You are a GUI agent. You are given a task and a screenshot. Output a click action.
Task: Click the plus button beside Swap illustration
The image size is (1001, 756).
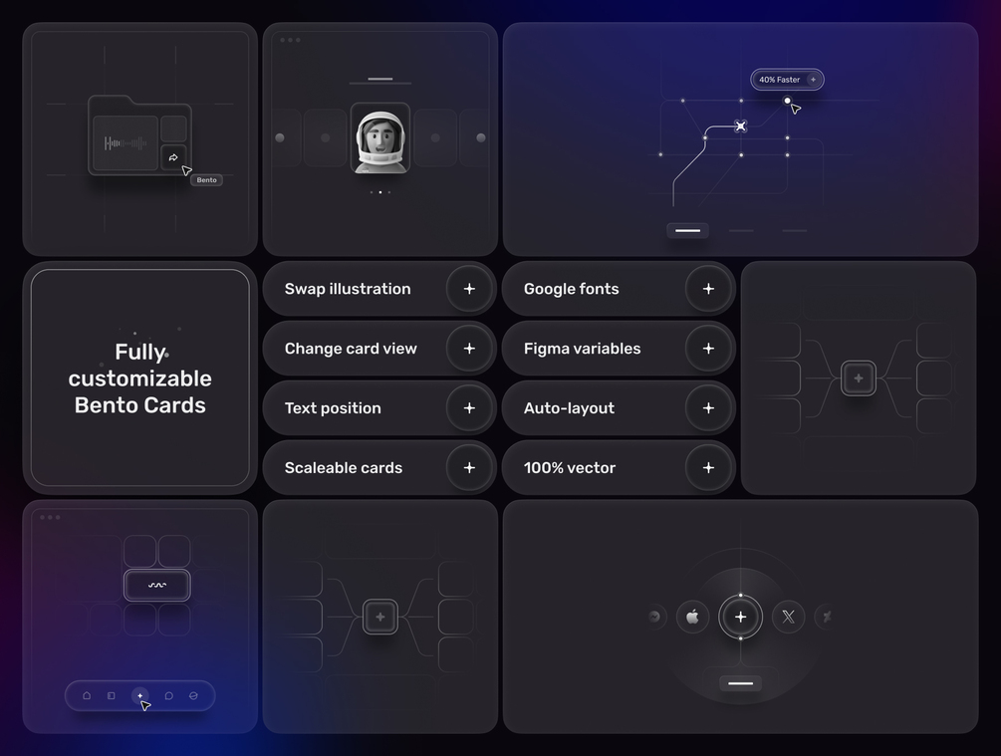pyautogui.click(x=469, y=289)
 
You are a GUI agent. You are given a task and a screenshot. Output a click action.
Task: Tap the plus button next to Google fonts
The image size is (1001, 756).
pyautogui.click(x=708, y=289)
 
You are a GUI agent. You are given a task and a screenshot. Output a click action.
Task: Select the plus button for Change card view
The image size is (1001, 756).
pyautogui.click(x=469, y=349)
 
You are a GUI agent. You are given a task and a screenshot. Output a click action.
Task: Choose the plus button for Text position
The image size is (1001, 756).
pyautogui.click(x=469, y=408)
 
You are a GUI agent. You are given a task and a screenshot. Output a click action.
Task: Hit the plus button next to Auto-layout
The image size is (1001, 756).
pyautogui.click(x=708, y=408)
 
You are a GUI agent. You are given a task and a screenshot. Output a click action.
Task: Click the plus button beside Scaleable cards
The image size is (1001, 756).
pyautogui.click(x=469, y=468)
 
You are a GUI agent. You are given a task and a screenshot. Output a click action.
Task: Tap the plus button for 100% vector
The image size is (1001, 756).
pyautogui.click(x=708, y=468)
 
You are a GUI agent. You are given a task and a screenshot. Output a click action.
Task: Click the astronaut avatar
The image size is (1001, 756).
pyautogui.click(x=380, y=137)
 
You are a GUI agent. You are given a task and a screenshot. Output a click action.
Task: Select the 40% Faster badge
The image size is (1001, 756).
pyautogui.click(x=787, y=80)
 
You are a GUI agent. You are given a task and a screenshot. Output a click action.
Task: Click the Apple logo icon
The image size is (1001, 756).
pyautogui.click(x=692, y=617)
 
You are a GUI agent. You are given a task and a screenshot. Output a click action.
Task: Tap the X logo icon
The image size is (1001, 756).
pyautogui.click(x=789, y=617)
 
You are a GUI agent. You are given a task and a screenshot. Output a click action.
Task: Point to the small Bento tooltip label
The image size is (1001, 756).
pyautogui.click(x=206, y=180)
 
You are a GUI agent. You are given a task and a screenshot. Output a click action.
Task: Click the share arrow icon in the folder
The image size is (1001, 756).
pyautogui.click(x=173, y=157)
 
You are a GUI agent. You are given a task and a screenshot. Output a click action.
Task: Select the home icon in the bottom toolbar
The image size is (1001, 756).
pyautogui.click(x=87, y=695)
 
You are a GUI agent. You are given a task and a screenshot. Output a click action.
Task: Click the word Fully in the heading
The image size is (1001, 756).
pyautogui.click(x=140, y=352)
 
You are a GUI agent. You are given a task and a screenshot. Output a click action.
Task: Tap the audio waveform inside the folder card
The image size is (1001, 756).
pyautogui.click(x=125, y=143)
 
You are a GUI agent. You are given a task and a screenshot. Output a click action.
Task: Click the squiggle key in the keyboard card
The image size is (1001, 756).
pyautogui.click(x=157, y=585)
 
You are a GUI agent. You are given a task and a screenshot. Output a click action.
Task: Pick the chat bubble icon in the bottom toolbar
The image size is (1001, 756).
pyautogui.click(x=168, y=695)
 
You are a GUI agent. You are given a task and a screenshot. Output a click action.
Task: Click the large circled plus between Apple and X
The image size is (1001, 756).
pyautogui.click(x=740, y=617)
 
